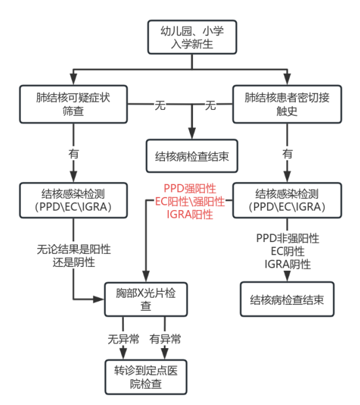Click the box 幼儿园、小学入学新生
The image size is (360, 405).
pyautogui.click(x=192, y=37)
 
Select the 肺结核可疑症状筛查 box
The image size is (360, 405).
pyautogui.click(x=73, y=104)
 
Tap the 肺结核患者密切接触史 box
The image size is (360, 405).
pyautogui.click(x=287, y=104)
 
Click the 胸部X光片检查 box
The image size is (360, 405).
pyautogui.click(x=146, y=300)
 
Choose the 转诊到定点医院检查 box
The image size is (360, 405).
pyautogui.click(x=146, y=377)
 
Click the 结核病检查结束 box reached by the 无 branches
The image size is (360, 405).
pyautogui.click(x=192, y=156)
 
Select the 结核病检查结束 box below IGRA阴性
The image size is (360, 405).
pyautogui.click(x=287, y=299)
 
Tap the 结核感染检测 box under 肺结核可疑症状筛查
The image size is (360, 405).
pyautogui.click(x=73, y=200)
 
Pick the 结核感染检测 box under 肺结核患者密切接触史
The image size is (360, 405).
pyautogui.click(x=287, y=200)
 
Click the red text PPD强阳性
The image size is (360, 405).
pyautogui.click(x=190, y=188)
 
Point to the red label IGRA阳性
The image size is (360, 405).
pyautogui.click(x=190, y=215)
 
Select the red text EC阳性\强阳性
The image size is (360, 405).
pyautogui.click(x=190, y=202)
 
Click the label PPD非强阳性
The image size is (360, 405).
pyautogui.click(x=287, y=238)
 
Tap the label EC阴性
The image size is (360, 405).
pyautogui.click(x=287, y=251)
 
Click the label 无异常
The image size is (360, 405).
pyautogui.click(x=124, y=339)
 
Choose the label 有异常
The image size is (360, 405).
pyautogui.click(x=165, y=339)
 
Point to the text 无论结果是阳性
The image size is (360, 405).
pyautogui.click(x=74, y=249)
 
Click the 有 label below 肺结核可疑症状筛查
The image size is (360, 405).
pyautogui.click(x=74, y=154)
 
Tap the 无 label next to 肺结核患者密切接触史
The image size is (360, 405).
pyautogui.click(x=210, y=105)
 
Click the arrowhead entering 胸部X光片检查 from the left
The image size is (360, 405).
pyautogui.click(x=99, y=300)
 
